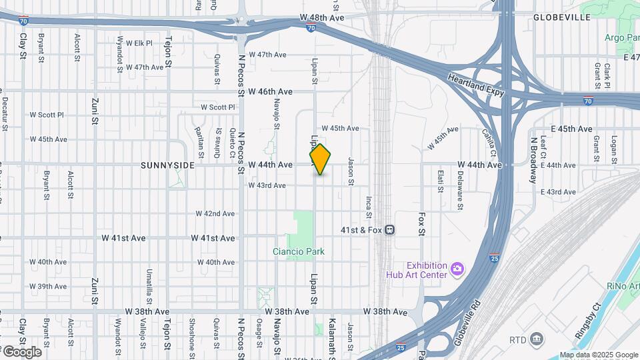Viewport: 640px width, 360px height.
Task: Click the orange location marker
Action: pos(320,159)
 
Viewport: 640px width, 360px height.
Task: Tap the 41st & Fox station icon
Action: pos(391,229)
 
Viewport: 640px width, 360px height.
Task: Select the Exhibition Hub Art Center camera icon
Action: pos(457,268)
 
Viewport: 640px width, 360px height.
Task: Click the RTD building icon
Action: pos(536,340)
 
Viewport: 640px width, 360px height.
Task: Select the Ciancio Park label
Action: pos(299,251)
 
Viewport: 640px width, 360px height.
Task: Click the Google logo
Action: pos(21,351)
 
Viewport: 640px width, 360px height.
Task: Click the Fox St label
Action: pos(421,225)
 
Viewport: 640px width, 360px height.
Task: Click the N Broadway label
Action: pos(533,160)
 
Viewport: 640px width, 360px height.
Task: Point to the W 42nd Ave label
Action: pos(215,213)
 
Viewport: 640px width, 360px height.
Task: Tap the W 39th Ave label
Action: pos(47,286)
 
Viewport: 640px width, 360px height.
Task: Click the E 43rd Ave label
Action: pos(558,192)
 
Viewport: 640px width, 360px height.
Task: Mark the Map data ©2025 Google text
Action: pos(598,355)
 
